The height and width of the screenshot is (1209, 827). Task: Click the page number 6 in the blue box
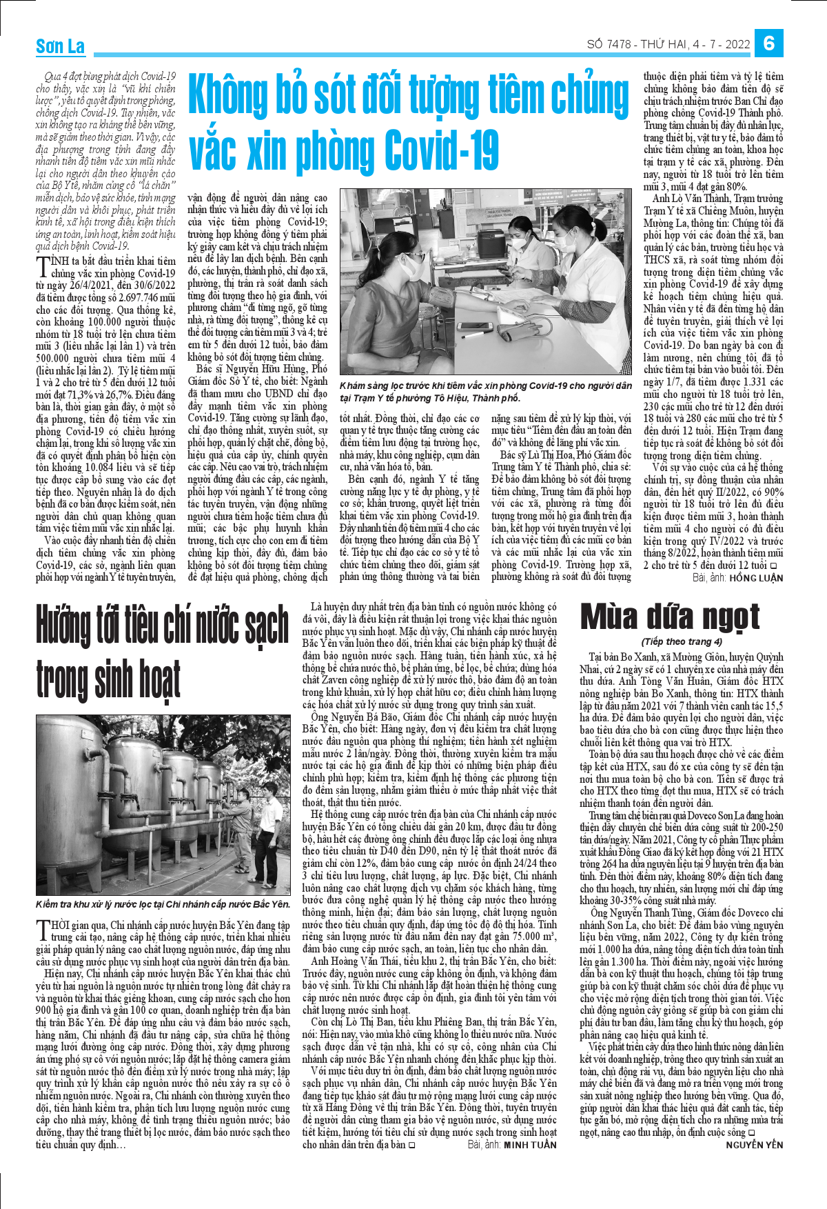[769, 43]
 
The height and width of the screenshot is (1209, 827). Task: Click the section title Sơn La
[61, 46]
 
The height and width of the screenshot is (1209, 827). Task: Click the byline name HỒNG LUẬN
[756, 578]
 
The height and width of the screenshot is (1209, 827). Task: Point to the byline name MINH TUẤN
[530, 1145]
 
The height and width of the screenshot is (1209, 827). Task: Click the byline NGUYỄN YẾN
[755, 1145]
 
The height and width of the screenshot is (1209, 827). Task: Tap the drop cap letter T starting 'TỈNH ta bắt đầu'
[43, 266]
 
